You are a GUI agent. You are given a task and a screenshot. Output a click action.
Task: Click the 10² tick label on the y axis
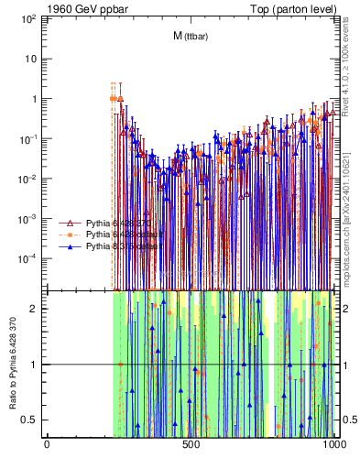click(27, 19)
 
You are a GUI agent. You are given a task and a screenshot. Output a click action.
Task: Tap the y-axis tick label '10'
click(30, 59)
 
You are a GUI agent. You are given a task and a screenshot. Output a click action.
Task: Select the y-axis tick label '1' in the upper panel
click(34, 99)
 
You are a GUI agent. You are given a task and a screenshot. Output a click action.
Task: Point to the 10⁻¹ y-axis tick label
click(27, 138)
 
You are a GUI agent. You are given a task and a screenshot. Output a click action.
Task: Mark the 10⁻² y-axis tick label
click(27, 179)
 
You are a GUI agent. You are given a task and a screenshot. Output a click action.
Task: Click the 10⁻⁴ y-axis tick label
click(27, 258)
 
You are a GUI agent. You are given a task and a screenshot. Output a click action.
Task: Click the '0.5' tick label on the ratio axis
click(30, 420)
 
